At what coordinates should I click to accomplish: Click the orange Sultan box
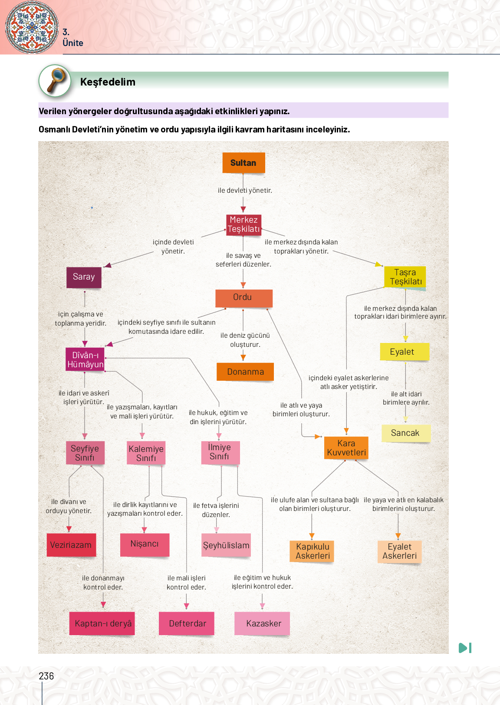(x=243, y=163)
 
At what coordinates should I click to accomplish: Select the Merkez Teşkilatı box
(x=244, y=224)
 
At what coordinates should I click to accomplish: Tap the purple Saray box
(x=84, y=277)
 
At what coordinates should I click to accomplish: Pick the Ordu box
(x=243, y=298)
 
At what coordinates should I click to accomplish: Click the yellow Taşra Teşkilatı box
(x=405, y=277)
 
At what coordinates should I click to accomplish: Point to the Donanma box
(x=245, y=372)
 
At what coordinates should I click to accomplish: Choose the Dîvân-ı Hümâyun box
(x=86, y=359)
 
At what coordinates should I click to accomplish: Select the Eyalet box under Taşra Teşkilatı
(x=404, y=352)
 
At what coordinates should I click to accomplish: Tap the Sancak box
(x=405, y=433)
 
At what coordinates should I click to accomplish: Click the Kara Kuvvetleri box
(x=346, y=448)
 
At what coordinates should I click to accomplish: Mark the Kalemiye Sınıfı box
(x=146, y=453)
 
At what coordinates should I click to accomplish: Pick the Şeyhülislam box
(x=226, y=545)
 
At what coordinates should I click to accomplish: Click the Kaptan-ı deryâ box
(x=102, y=623)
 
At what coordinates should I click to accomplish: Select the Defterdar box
(x=187, y=623)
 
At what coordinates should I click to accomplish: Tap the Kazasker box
(x=263, y=623)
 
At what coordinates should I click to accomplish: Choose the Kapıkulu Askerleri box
(x=312, y=551)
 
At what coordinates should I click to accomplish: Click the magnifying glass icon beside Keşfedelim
(x=55, y=81)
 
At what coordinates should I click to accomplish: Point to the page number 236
(x=46, y=676)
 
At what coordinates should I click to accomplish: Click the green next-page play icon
(x=465, y=648)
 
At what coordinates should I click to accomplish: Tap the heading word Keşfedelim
(x=108, y=82)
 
